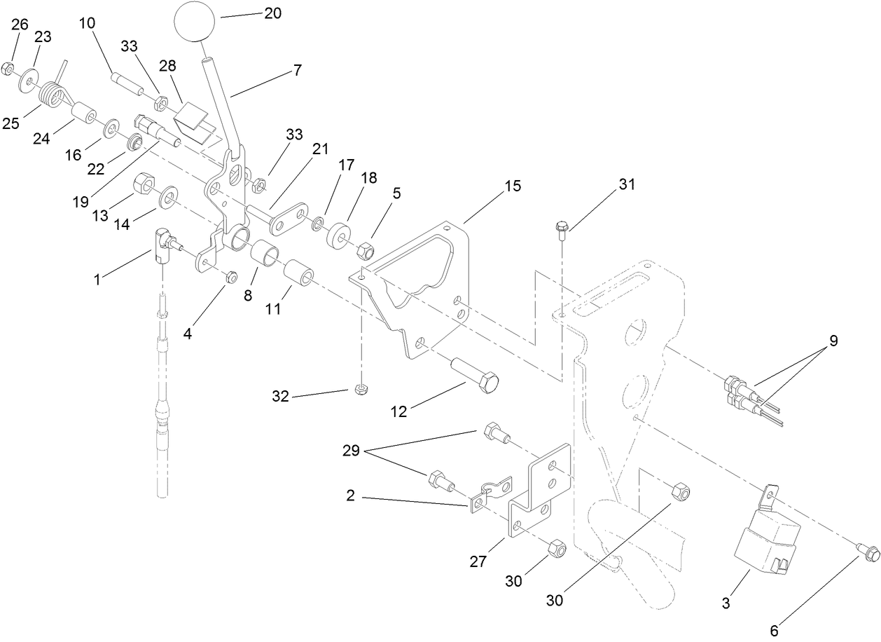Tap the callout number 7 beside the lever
point(298,71)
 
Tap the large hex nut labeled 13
point(143,185)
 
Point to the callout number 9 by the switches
point(833,341)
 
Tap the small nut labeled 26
point(8,68)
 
